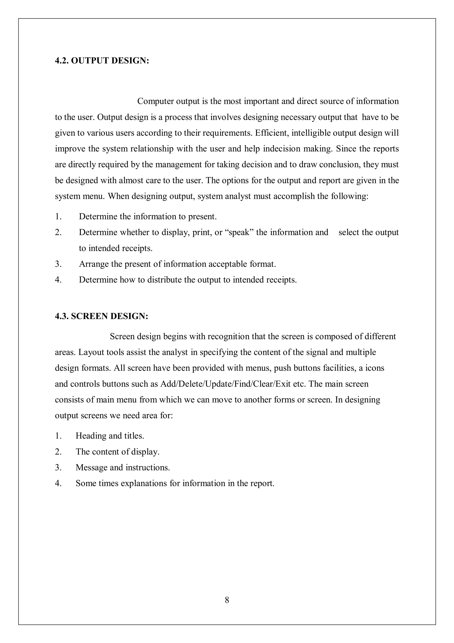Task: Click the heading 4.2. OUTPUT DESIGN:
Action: pos(102,61)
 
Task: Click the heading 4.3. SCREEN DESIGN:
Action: pos(101,316)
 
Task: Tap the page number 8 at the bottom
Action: pos(227,600)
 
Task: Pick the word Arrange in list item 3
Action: pos(94,264)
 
